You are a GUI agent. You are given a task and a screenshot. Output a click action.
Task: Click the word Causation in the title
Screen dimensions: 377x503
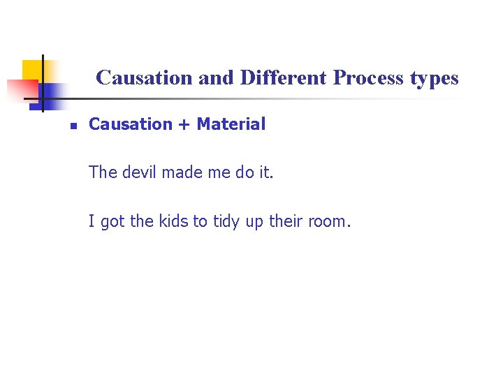tap(145, 78)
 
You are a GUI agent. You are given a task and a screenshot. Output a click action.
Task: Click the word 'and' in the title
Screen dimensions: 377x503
tap(216, 78)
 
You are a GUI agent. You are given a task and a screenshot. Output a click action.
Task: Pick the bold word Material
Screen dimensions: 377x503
tap(231, 124)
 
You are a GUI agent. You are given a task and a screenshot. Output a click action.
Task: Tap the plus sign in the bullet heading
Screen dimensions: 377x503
tap(184, 125)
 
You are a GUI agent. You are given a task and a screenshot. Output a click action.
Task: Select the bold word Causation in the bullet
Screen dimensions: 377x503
tap(131, 124)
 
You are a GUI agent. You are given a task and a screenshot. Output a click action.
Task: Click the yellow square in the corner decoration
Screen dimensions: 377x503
tap(31, 70)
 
